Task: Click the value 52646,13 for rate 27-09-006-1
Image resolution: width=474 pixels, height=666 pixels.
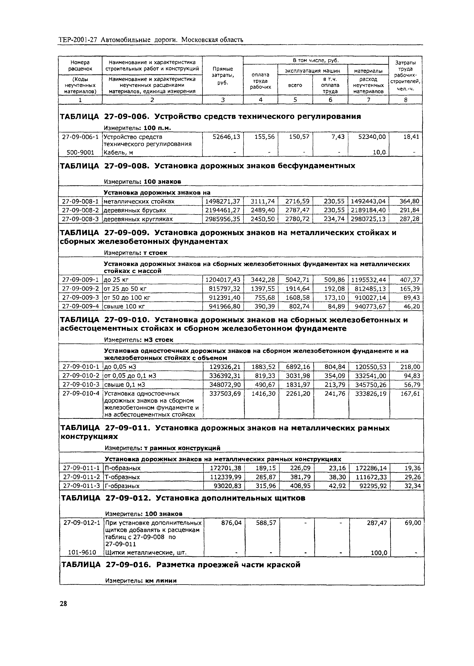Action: [x=223, y=137]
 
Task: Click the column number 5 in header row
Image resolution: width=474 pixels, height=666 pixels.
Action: [x=295, y=100]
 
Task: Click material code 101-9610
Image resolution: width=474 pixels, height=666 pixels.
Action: [x=82, y=552]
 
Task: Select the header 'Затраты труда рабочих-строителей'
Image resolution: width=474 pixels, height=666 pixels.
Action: [x=405, y=76]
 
